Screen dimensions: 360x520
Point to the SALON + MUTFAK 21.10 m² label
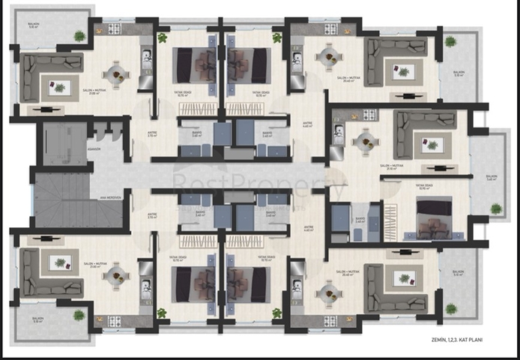pyautogui.click(x=388, y=167)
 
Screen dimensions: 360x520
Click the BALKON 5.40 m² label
pyautogui.click(x=492, y=178)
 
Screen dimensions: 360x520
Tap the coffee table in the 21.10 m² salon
pyautogui.click(x=431, y=145)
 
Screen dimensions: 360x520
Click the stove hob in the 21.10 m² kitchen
pyautogui.click(x=369, y=115)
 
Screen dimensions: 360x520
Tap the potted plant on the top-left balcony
pyautogui.click(x=79, y=35)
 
